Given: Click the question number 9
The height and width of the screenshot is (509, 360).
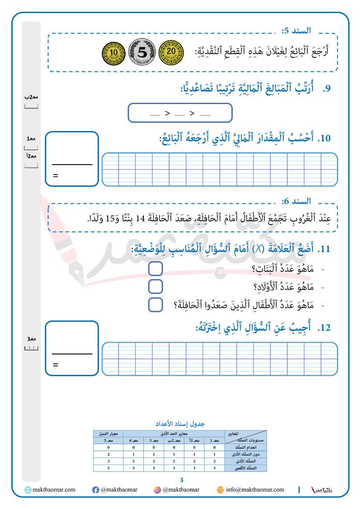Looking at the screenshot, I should pyautogui.click(x=326, y=89).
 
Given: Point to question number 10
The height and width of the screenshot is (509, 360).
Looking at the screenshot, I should pyautogui.click(x=325, y=138).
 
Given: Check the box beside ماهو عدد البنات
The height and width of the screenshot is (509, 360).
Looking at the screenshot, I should pyautogui.click(x=156, y=269).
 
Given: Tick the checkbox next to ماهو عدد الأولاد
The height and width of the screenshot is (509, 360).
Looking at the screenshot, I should pyautogui.click(x=156, y=287).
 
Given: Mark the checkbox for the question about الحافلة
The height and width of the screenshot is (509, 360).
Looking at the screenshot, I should pyautogui.click(x=156, y=305).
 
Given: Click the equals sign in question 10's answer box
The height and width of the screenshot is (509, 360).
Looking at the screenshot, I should pyautogui.click(x=55, y=176).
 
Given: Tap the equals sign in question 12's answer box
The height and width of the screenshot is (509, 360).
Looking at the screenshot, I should pyautogui.click(x=55, y=365).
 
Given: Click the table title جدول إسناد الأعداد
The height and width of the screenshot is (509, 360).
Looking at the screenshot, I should pyautogui.click(x=180, y=424).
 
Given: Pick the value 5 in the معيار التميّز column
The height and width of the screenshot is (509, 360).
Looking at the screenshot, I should pyautogui.click(x=108, y=468).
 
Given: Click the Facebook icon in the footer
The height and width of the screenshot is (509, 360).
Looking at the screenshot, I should pyautogui.click(x=95, y=490).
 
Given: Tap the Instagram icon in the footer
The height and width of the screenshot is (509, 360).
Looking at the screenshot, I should pyautogui.click(x=157, y=490).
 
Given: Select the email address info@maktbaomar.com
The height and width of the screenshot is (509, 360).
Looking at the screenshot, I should pyautogui.click(x=255, y=490).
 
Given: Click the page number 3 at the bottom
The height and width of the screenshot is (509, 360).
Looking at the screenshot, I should pyautogui.click(x=182, y=480).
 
